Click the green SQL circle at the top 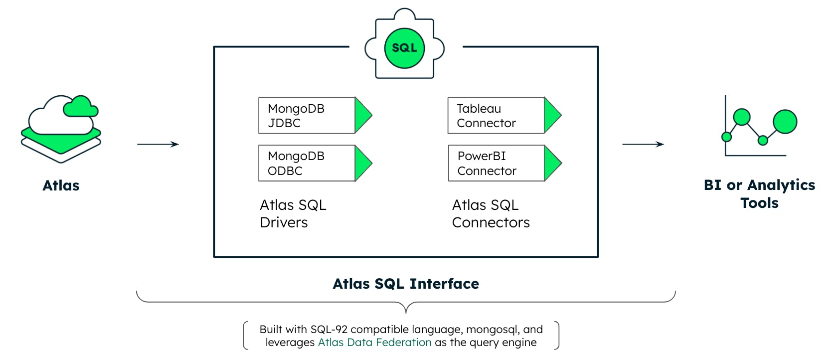404,48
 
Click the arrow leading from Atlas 158,144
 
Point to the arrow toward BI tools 643,144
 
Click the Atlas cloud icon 61,129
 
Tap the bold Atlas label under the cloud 61,185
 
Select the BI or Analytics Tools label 760,194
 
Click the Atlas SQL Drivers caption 293,214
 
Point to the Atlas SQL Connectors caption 491,214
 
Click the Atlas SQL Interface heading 406,284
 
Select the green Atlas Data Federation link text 374,342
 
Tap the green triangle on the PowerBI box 553,163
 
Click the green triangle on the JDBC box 363,115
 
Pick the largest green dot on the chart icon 785,122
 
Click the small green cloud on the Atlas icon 81,107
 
